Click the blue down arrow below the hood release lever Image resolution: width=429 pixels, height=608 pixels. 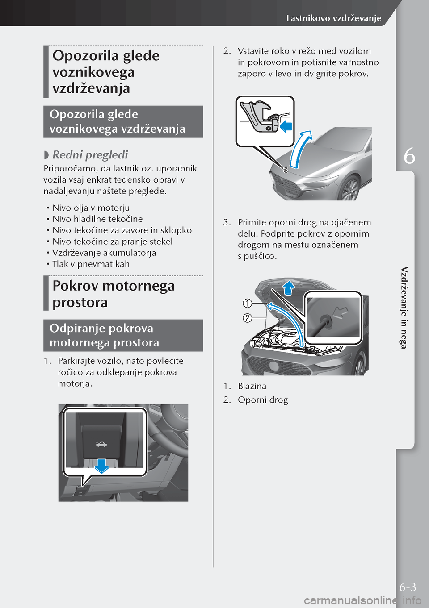pos(102,465)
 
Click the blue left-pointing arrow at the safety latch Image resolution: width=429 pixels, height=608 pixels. pos(285,126)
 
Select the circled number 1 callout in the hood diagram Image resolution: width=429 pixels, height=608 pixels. pos(247,304)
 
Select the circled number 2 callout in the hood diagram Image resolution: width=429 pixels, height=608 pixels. pos(247,318)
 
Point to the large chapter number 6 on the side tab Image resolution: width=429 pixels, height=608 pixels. pos(409,156)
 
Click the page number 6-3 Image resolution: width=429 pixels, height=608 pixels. pos(408,587)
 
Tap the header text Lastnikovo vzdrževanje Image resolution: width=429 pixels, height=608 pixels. pos(333,18)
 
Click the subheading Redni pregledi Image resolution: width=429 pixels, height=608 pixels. pos(90,155)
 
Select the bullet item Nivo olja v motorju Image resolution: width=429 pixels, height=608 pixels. pos(91,208)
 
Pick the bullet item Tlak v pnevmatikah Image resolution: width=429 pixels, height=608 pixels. pos(91,264)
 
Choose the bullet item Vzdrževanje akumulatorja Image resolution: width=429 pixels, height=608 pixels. pos(104,253)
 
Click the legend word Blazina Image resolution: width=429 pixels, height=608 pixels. pos(252,386)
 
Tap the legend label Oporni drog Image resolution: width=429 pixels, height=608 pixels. pos(263,400)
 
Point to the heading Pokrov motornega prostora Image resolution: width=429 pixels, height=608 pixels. pos(114,294)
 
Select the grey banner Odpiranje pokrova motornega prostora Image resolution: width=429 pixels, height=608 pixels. pos(123,335)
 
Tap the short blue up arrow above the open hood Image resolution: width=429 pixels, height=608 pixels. pos(289,288)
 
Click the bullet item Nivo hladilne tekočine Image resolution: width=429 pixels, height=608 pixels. pos(97,219)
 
